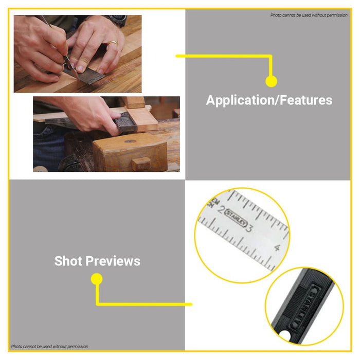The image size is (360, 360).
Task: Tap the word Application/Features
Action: [269, 100]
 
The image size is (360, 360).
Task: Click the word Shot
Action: [68, 261]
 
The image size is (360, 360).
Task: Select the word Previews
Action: [113, 261]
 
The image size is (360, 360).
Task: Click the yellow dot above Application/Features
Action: [271, 81]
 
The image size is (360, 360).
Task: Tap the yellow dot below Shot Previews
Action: [97, 279]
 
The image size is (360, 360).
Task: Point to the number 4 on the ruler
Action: [278, 248]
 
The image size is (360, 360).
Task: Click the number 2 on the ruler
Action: [221, 209]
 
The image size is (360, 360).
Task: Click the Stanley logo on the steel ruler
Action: [236, 218]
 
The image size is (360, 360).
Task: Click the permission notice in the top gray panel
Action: [309, 15]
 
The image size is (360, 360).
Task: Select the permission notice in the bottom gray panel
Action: [49, 347]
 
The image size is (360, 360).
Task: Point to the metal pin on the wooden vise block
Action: [130, 141]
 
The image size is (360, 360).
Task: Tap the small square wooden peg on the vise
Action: [141, 163]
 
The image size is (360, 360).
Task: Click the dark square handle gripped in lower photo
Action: [125, 123]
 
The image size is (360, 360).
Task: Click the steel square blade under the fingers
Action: [86, 74]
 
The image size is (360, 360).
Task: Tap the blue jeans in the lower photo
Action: [48, 147]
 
